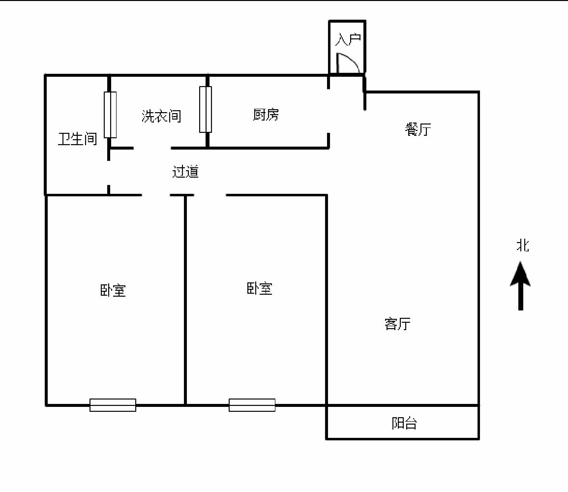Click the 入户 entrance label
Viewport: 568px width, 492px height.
click(x=348, y=39)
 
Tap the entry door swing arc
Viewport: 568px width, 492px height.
click(x=352, y=60)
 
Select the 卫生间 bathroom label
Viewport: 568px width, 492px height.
click(x=78, y=139)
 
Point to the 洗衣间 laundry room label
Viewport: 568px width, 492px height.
click(x=161, y=116)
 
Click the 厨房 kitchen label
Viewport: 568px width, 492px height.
click(x=266, y=115)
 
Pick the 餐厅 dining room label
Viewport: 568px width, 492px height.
click(x=418, y=129)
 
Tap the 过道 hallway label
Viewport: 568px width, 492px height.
click(x=185, y=172)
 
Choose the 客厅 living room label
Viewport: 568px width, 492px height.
click(x=397, y=324)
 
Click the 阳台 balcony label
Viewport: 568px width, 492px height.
click(x=404, y=423)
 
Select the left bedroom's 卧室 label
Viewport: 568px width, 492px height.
click(x=113, y=291)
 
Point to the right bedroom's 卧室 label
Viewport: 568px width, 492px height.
click(x=259, y=289)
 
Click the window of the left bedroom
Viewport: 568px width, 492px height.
click(x=113, y=405)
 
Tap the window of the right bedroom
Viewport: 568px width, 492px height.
click(x=252, y=405)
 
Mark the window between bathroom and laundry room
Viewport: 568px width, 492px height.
click(x=110, y=115)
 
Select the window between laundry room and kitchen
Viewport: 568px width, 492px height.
click(x=206, y=109)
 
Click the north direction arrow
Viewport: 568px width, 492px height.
click(x=521, y=286)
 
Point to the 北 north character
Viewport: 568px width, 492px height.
click(x=523, y=246)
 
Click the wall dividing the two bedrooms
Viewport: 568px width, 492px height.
click(x=185, y=300)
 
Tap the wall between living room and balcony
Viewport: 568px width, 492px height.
click(x=403, y=405)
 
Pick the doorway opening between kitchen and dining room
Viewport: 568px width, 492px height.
click(x=329, y=111)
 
